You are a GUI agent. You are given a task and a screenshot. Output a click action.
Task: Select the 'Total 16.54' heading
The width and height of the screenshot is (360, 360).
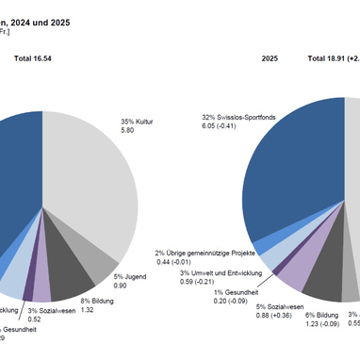(39, 58)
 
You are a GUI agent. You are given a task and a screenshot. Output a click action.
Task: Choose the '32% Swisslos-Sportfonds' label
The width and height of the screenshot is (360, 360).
(245, 119)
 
